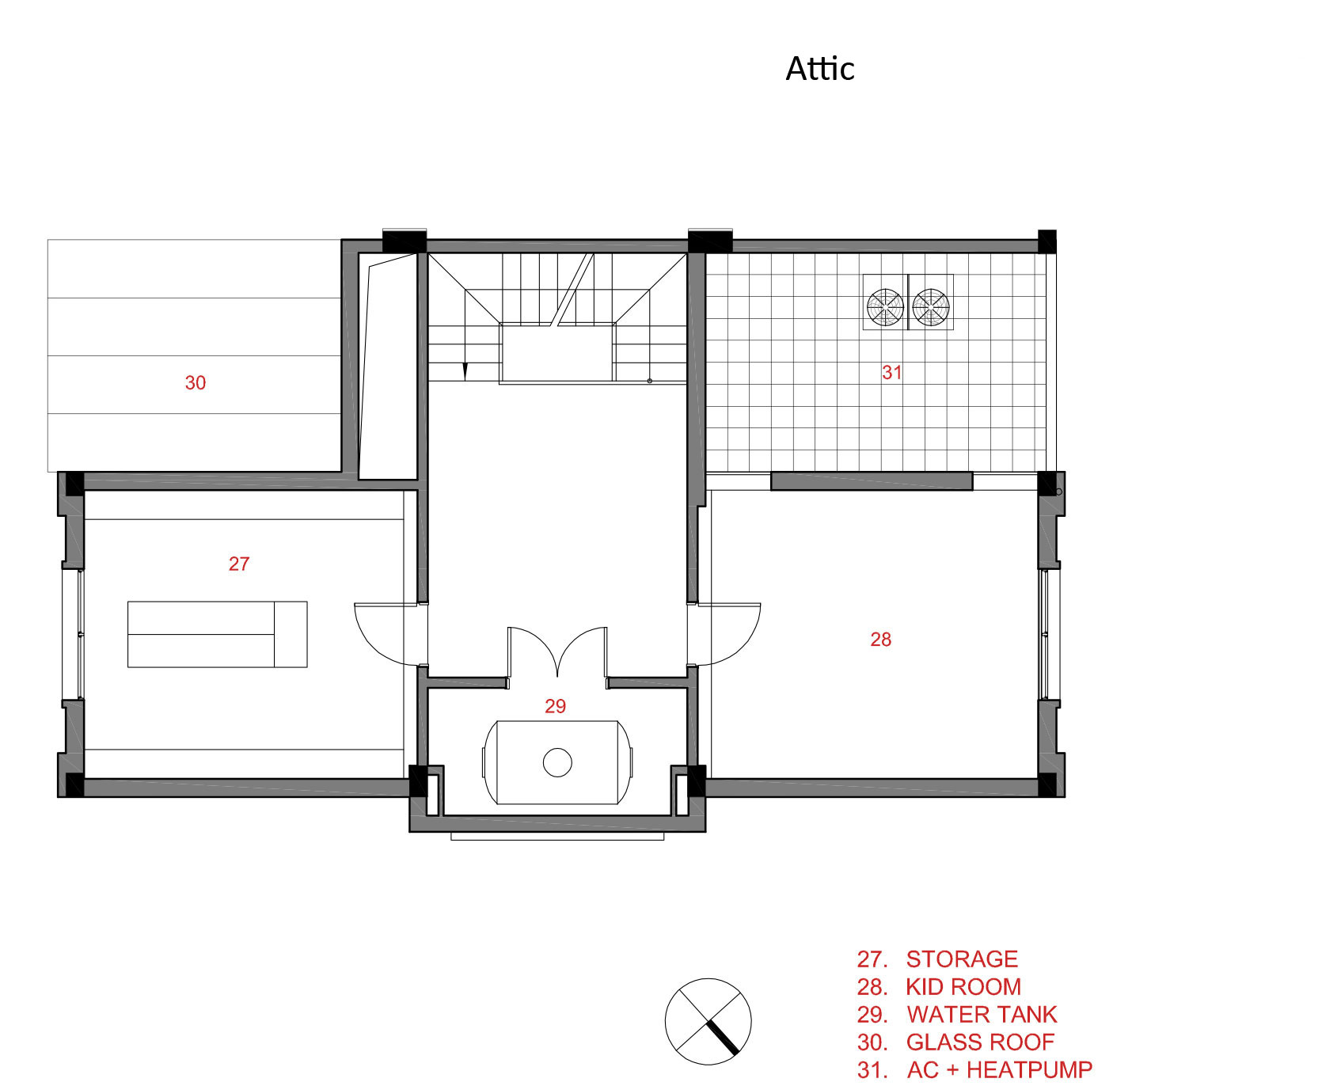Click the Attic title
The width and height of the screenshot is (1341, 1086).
pyautogui.click(x=819, y=69)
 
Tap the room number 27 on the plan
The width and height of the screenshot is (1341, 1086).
pyautogui.click(x=239, y=564)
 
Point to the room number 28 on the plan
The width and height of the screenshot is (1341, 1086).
pyautogui.click(x=880, y=640)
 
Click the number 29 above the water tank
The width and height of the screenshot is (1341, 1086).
pyautogui.click(x=555, y=706)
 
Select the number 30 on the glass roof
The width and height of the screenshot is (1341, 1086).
pyautogui.click(x=195, y=383)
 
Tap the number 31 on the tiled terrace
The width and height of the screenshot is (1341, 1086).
pyautogui.click(x=891, y=372)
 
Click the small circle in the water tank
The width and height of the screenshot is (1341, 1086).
pyautogui.click(x=557, y=762)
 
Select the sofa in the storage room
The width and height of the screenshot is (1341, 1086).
pyautogui.click(x=218, y=634)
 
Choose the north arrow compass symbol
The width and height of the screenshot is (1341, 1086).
pyautogui.click(x=708, y=1021)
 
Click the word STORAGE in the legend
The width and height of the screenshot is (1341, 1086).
pyautogui.click(x=962, y=959)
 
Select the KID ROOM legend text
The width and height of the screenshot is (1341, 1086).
pyautogui.click(x=963, y=987)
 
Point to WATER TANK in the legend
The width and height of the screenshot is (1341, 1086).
pyautogui.click(x=982, y=1015)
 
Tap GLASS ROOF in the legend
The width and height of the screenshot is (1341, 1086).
pyautogui.click(x=980, y=1042)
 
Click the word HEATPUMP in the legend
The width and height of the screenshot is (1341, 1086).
pyautogui.click(x=1029, y=1070)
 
